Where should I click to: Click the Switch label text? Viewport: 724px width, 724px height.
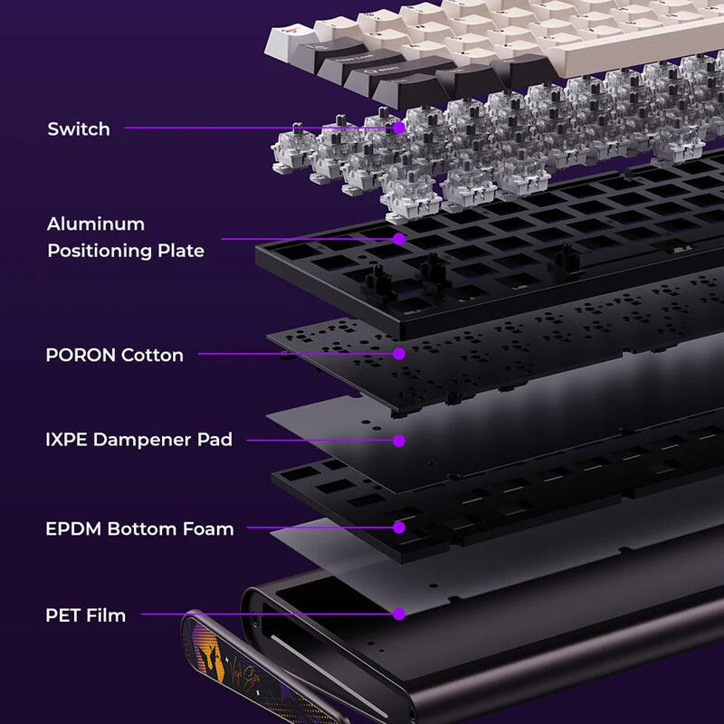click(x=79, y=129)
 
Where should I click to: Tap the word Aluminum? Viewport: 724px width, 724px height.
click(x=96, y=224)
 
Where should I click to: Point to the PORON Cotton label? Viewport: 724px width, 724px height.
click(x=115, y=355)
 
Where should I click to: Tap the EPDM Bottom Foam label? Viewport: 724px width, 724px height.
click(x=139, y=529)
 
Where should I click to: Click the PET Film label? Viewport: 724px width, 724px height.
click(x=85, y=615)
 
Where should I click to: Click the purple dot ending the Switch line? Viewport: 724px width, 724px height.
click(x=399, y=128)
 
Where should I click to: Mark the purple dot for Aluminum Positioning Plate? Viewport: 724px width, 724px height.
click(x=399, y=239)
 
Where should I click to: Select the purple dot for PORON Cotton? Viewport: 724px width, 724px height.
click(x=399, y=354)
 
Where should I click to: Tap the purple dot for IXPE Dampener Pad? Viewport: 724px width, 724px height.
click(x=399, y=441)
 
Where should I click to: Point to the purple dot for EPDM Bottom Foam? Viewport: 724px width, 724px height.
click(x=399, y=528)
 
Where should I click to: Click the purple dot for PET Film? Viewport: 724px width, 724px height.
click(x=399, y=614)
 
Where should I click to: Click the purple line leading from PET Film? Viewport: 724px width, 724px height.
click(x=267, y=614)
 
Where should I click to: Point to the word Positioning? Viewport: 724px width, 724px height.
click(x=100, y=251)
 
